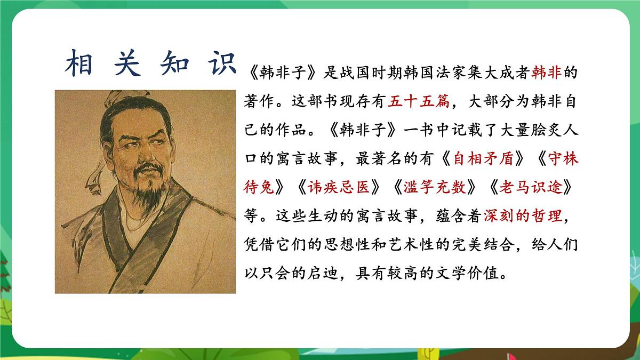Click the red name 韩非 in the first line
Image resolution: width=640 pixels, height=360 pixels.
[547, 73]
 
